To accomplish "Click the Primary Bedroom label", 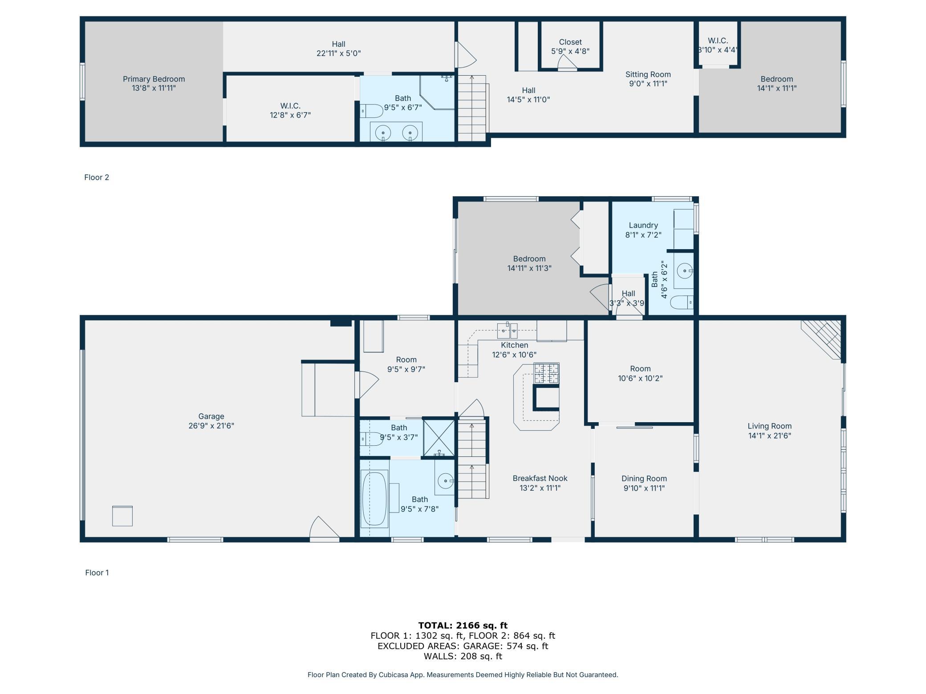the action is (154, 79).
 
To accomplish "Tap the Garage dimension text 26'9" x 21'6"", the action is (211, 426).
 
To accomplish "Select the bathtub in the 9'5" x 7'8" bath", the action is (374, 499).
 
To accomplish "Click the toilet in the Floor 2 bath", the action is (371, 111).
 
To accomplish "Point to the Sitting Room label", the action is (648, 75).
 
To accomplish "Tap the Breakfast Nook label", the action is (540, 479).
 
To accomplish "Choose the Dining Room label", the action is (644, 479).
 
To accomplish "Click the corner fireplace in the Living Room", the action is (821, 339).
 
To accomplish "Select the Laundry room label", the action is (643, 225).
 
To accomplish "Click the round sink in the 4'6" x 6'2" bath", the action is (684, 270).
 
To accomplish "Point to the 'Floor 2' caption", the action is (97, 178).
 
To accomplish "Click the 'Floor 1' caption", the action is (97, 573).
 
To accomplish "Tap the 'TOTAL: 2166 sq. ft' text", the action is (463, 625).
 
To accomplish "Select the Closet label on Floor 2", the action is (570, 42).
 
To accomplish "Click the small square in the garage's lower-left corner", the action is (122, 516).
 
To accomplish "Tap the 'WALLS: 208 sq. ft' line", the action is (463, 656).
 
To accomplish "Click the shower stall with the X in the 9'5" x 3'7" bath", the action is (439, 438).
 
